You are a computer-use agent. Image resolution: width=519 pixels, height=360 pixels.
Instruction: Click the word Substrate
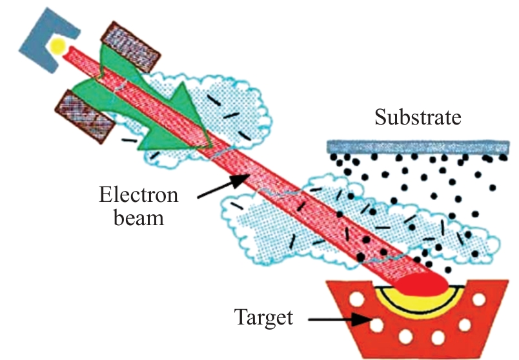click(x=419, y=118)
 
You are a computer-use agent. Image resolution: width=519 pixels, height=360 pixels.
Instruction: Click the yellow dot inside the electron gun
click(x=59, y=46)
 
